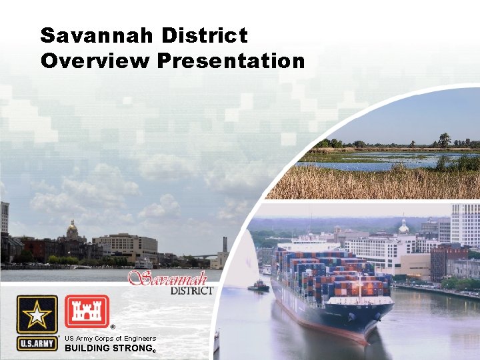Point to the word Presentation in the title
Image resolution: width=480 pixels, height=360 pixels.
(x=231, y=61)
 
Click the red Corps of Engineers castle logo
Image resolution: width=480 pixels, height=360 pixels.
(x=87, y=311)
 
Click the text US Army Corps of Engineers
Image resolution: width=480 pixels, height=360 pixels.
(x=110, y=338)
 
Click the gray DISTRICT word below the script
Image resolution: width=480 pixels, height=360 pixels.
(x=191, y=290)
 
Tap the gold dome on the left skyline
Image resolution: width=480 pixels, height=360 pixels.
(x=73, y=230)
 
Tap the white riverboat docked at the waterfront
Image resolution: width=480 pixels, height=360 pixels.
(x=143, y=263)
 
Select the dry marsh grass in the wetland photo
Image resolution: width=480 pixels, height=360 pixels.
(x=373, y=183)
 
